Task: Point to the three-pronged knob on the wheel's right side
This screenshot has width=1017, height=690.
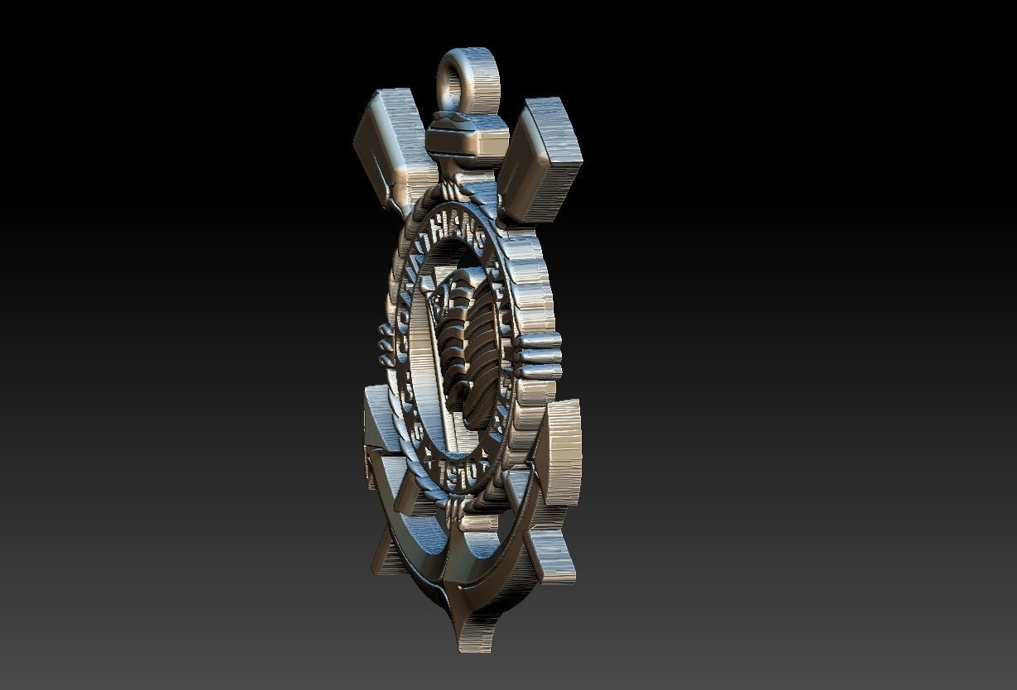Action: click(538, 356)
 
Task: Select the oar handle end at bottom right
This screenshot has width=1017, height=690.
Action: click(551, 554)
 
